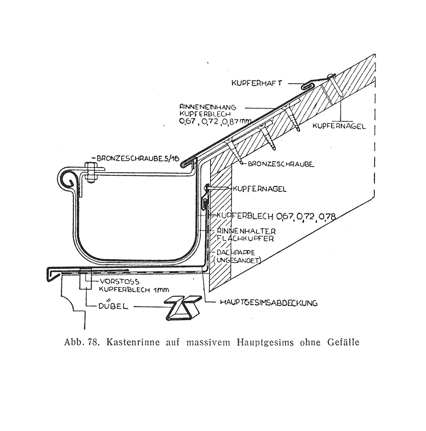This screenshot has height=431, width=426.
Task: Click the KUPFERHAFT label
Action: [256, 83]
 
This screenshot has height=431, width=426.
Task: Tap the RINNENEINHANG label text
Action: [208, 107]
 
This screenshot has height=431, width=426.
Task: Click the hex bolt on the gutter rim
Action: [91, 173]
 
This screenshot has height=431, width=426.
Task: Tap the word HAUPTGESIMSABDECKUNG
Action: [269, 303]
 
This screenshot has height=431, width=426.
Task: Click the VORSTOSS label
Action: [120, 281]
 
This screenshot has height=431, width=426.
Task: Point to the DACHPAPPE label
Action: [236, 252]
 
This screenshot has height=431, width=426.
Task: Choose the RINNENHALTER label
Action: [246, 231]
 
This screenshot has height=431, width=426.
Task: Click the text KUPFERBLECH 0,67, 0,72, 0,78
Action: [276, 216]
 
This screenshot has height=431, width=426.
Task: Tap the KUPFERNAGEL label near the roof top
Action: [339, 126]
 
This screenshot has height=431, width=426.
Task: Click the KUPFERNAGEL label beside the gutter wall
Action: [260, 189]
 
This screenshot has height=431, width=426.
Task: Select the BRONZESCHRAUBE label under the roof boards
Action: [281, 164]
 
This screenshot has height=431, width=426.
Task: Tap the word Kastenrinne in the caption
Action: [133, 342]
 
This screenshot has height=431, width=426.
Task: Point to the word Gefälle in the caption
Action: [344, 342]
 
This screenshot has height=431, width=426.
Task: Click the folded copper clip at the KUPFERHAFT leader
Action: [308, 86]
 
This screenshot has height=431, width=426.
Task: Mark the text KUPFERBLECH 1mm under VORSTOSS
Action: [134, 289]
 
